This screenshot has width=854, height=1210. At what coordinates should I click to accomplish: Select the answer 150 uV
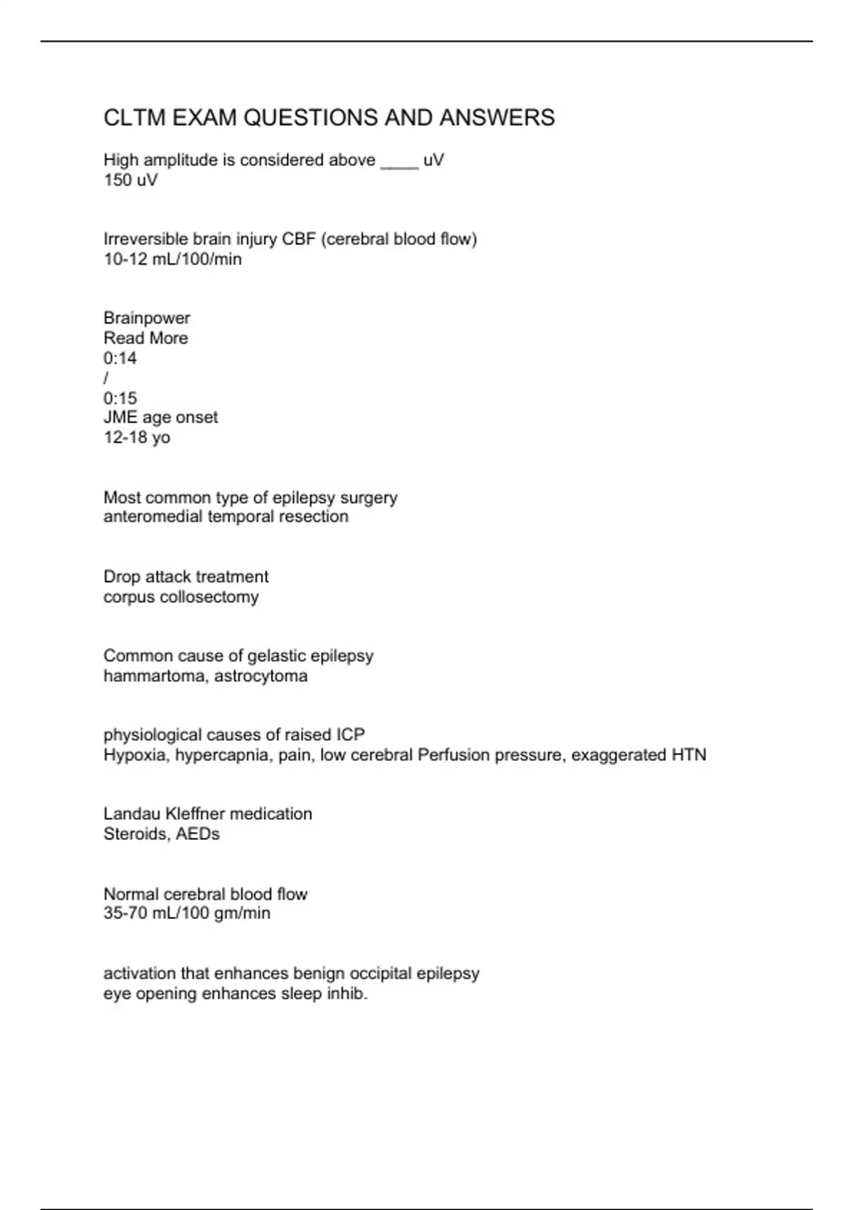pos(131,180)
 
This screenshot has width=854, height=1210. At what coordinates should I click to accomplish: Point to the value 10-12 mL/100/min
pos(173,259)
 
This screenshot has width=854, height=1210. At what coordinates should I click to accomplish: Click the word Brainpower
pos(147,317)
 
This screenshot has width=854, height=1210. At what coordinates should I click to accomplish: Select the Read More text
pos(146,338)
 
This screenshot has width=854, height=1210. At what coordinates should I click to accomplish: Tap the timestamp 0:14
pos(120,358)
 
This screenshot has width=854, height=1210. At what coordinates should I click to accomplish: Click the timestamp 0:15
pos(120,398)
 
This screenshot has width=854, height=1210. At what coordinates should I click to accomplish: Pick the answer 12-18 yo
pos(137,437)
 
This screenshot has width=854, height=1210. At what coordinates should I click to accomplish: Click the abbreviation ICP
pos(350,735)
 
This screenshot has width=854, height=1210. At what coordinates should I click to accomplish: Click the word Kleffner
pos(194,814)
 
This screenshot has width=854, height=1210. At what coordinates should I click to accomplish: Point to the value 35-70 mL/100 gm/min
pos(187,913)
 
